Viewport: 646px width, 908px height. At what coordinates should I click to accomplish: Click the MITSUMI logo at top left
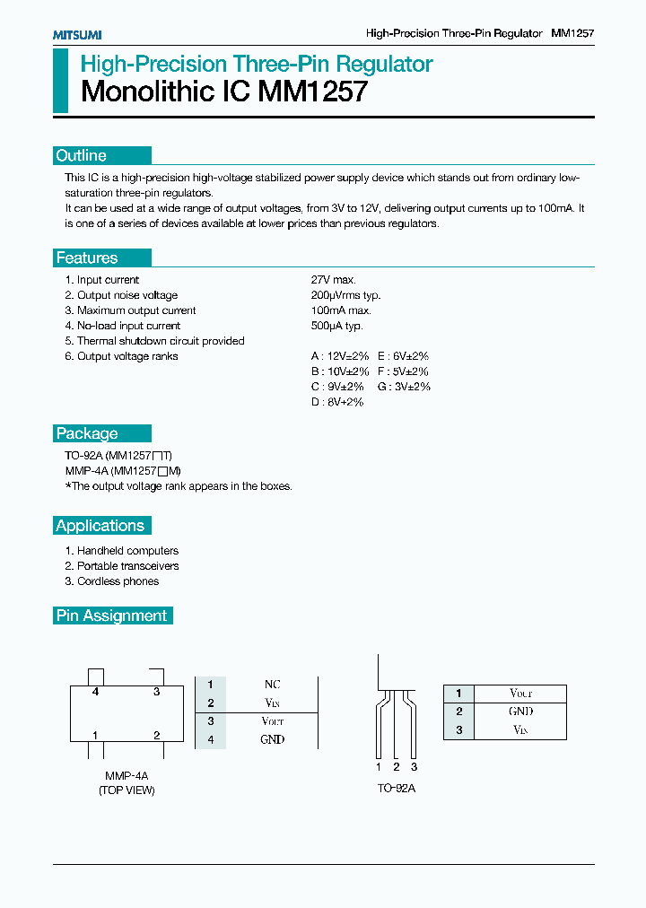(76, 34)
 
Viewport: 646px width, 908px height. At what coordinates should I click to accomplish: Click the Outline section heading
(81, 155)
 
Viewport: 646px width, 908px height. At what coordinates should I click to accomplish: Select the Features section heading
(87, 258)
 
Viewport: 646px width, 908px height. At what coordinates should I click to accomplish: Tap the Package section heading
(87, 433)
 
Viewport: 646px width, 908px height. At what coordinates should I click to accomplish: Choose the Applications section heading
(100, 526)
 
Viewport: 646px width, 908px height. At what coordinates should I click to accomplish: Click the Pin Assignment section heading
(111, 616)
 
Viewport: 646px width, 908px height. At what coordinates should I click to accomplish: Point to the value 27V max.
(334, 280)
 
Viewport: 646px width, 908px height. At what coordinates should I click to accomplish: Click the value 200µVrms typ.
(346, 295)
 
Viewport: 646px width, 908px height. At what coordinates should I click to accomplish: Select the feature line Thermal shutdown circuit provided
(154, 341)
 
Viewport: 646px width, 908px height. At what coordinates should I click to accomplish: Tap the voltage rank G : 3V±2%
(404, 387)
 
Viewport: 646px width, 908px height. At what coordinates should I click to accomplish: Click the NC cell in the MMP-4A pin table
(273, 685)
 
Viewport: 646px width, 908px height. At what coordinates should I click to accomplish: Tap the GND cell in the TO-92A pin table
(521, 712)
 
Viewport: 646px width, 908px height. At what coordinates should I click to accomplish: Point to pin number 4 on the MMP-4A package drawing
(94, 692)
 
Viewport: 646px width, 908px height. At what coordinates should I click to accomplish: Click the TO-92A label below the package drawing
(397, 789)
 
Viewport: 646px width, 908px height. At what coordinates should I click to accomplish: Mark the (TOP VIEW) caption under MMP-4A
(127, 790)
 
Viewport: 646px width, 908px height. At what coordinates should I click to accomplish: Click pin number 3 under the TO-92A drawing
(414, 767)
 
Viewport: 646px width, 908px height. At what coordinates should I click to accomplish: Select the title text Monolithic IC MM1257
(224, 92)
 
